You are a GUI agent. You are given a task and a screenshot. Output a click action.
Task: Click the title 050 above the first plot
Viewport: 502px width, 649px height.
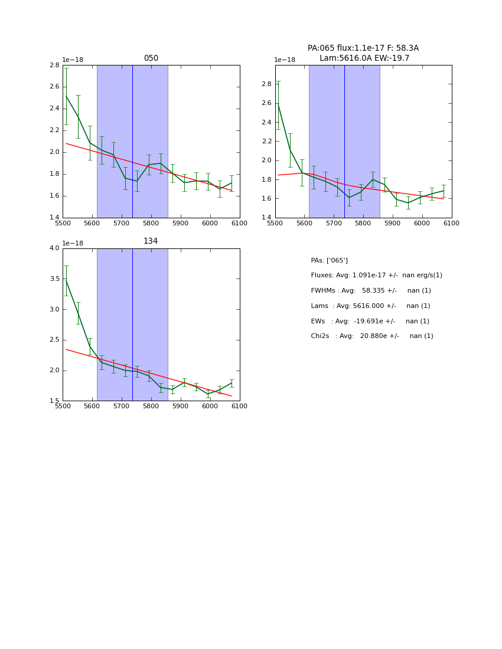point(151,58)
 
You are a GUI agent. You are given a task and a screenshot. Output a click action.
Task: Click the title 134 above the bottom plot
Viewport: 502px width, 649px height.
point(151,241)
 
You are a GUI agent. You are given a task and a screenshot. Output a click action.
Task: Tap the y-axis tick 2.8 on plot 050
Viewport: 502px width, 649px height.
point(53,65)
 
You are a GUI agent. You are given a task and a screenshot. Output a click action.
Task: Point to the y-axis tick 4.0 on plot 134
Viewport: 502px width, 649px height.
point(53,248)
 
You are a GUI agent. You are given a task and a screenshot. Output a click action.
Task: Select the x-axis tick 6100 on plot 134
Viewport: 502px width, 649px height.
point(239,407)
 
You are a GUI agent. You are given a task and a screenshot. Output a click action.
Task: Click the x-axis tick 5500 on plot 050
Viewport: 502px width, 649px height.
point(63,223)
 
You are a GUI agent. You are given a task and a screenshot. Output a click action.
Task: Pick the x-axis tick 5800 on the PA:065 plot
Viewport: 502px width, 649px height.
point(363,223)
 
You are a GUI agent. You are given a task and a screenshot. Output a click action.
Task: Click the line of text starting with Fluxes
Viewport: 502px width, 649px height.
point(376,276)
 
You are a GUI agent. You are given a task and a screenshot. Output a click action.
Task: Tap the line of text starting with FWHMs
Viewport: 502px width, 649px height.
point(370,291)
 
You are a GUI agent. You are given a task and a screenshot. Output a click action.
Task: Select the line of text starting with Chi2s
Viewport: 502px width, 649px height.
point(371,336)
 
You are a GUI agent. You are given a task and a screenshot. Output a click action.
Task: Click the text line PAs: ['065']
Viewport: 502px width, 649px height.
point(329,261)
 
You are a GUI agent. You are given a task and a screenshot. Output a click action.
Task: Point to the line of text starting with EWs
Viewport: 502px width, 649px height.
point(370,322)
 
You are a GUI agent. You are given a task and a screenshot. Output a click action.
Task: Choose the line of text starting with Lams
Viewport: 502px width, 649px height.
point(370,306)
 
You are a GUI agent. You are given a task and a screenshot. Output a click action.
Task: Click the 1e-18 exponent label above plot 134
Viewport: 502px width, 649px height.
point(73,243)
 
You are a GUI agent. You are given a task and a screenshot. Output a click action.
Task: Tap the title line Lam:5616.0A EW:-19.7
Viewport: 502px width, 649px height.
point(364,58)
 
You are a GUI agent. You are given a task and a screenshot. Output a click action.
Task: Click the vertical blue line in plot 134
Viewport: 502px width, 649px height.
point(132,324)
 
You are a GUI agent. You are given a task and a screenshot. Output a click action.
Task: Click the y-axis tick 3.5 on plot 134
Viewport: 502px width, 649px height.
point(53,278)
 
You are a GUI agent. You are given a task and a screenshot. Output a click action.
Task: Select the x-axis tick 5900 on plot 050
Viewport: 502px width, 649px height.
point(180,223)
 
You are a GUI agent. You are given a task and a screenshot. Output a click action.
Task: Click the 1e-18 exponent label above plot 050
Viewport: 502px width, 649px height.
point(73,60)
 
